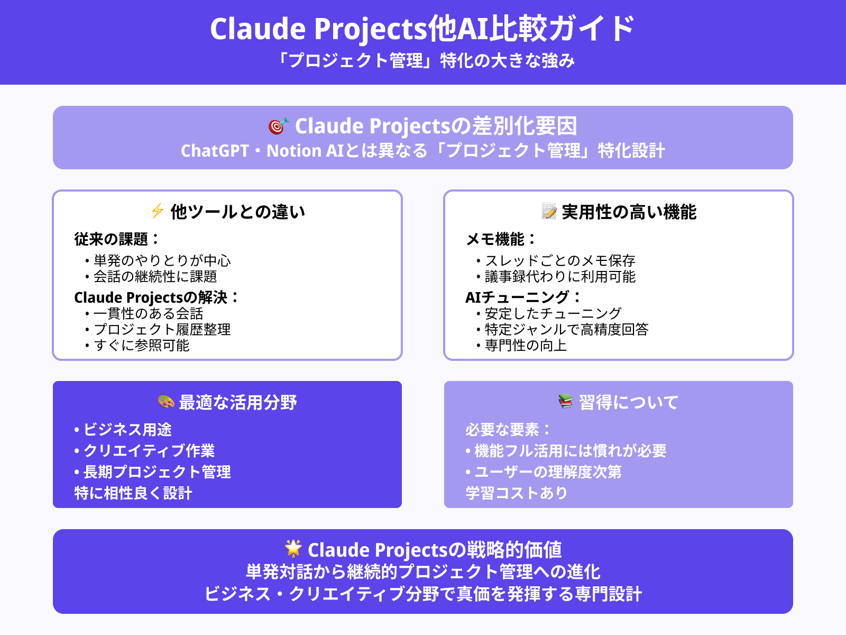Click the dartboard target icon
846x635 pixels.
[x=278, y=126]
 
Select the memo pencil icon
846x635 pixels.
[x=549, y=211]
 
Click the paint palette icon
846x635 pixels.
[x=166, y=402]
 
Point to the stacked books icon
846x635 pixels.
[x=566, y=402]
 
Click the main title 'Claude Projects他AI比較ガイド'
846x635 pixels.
[x=422, y=29]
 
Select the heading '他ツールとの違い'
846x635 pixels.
[x=237, y=212]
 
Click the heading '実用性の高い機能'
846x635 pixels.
[x=629, y=212]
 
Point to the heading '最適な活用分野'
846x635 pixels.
[x=237, y=403]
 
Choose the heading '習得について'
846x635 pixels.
[x=628, y=403]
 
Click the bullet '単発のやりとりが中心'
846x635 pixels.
[x=162, y=260]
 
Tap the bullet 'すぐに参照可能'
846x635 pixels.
[x=141, y=345]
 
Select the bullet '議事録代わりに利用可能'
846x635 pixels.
[x=560, y=276]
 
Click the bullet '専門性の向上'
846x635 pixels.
[x=526, y=345]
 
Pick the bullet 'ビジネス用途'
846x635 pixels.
[x=127, y=429]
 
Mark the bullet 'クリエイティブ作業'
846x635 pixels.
[x=149, y=450]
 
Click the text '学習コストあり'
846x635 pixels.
[x=516, y=493]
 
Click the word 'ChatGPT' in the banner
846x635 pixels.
[x=215, y=151]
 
